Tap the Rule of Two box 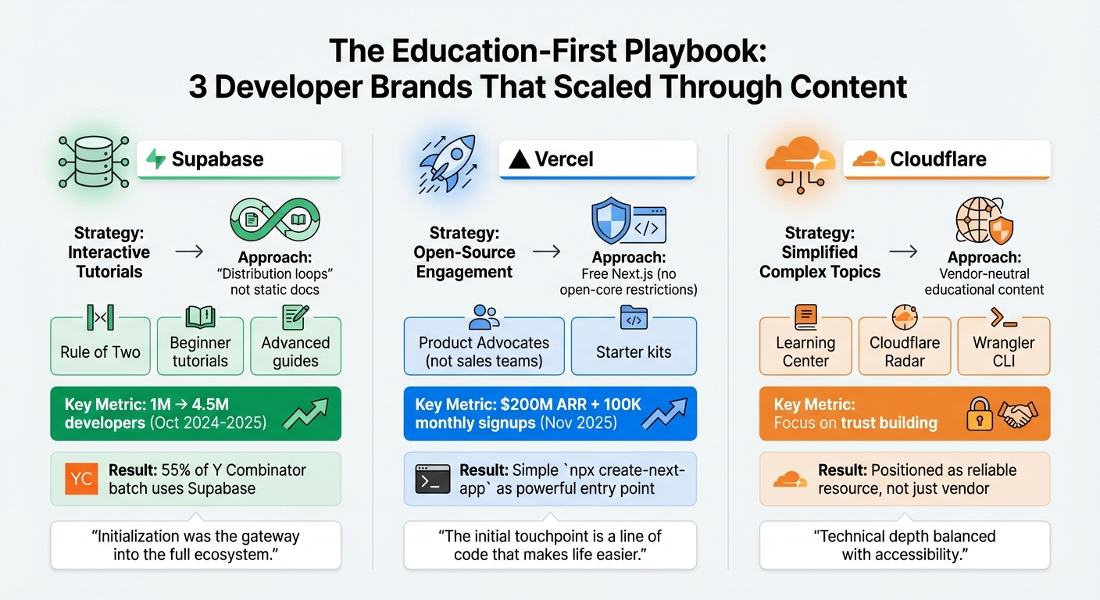[x=100, y=345]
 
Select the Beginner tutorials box [x=200, y=345]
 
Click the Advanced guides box [x=295, y=345]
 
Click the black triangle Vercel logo [x=519, y=160]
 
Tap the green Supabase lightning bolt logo [x=156, y=160]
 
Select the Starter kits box [x=634, y=345]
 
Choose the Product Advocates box [x=484, y=345]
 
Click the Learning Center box [x=805, y=345]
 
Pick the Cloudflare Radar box [x=904, y=345]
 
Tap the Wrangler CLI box [x=1003, y=345]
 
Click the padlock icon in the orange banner [x=980, y=413]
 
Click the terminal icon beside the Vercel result [x=432, y=479]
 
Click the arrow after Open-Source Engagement [x=545, y=252]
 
